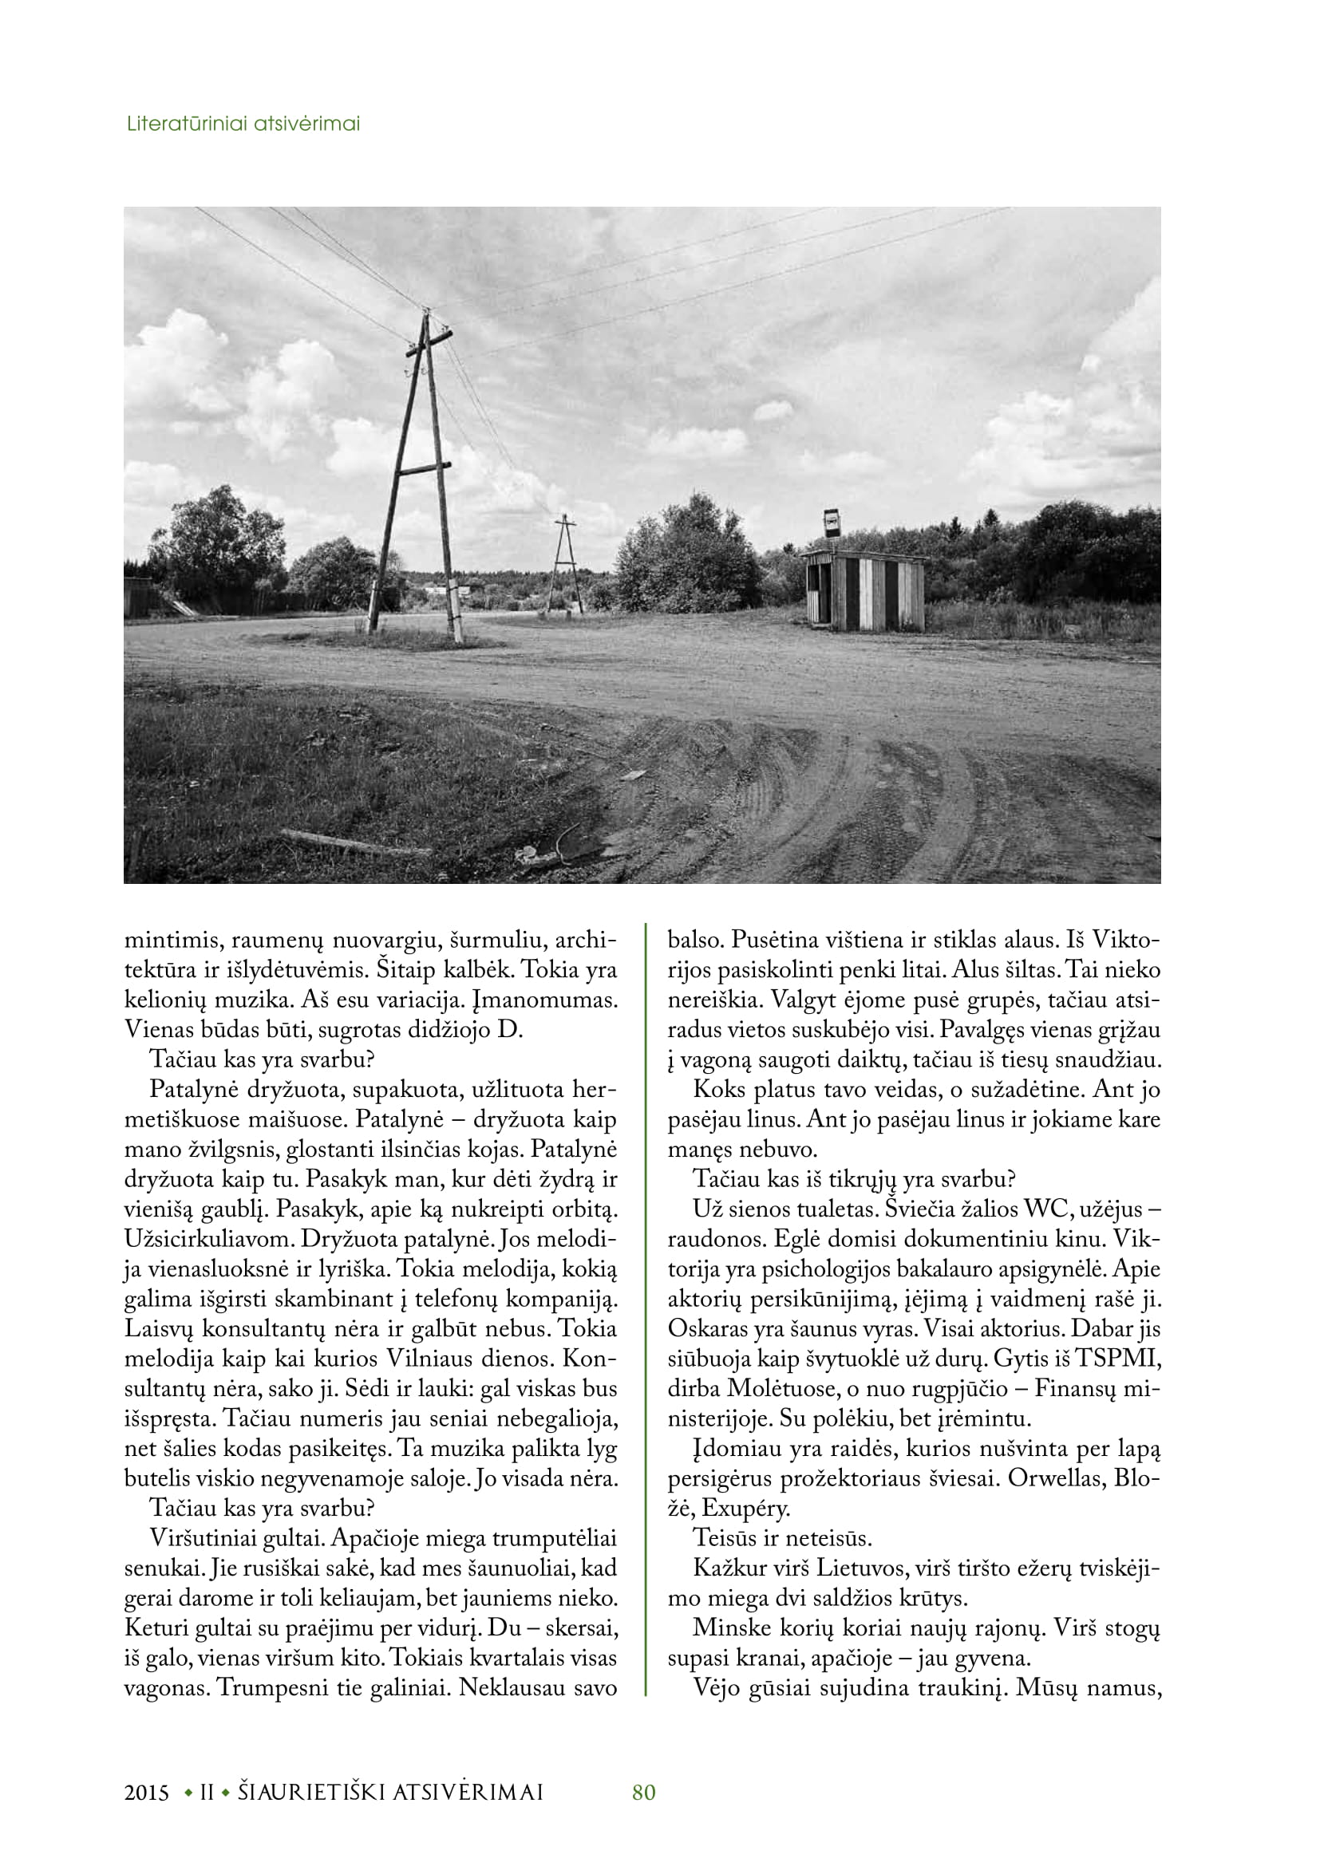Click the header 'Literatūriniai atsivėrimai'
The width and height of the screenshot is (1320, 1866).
pyautogui.click(x=243, y=124)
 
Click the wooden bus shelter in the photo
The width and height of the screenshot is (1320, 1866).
pyautogui.click(x=865, y=590)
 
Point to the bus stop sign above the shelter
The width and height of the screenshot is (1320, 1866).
pyautogui.click(x=831, y=523)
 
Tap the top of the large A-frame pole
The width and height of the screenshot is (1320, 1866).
pyautogui.click(x=425, y=313)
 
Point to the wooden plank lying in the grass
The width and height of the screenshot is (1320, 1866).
pyautogui.click(x=354, y=842)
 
